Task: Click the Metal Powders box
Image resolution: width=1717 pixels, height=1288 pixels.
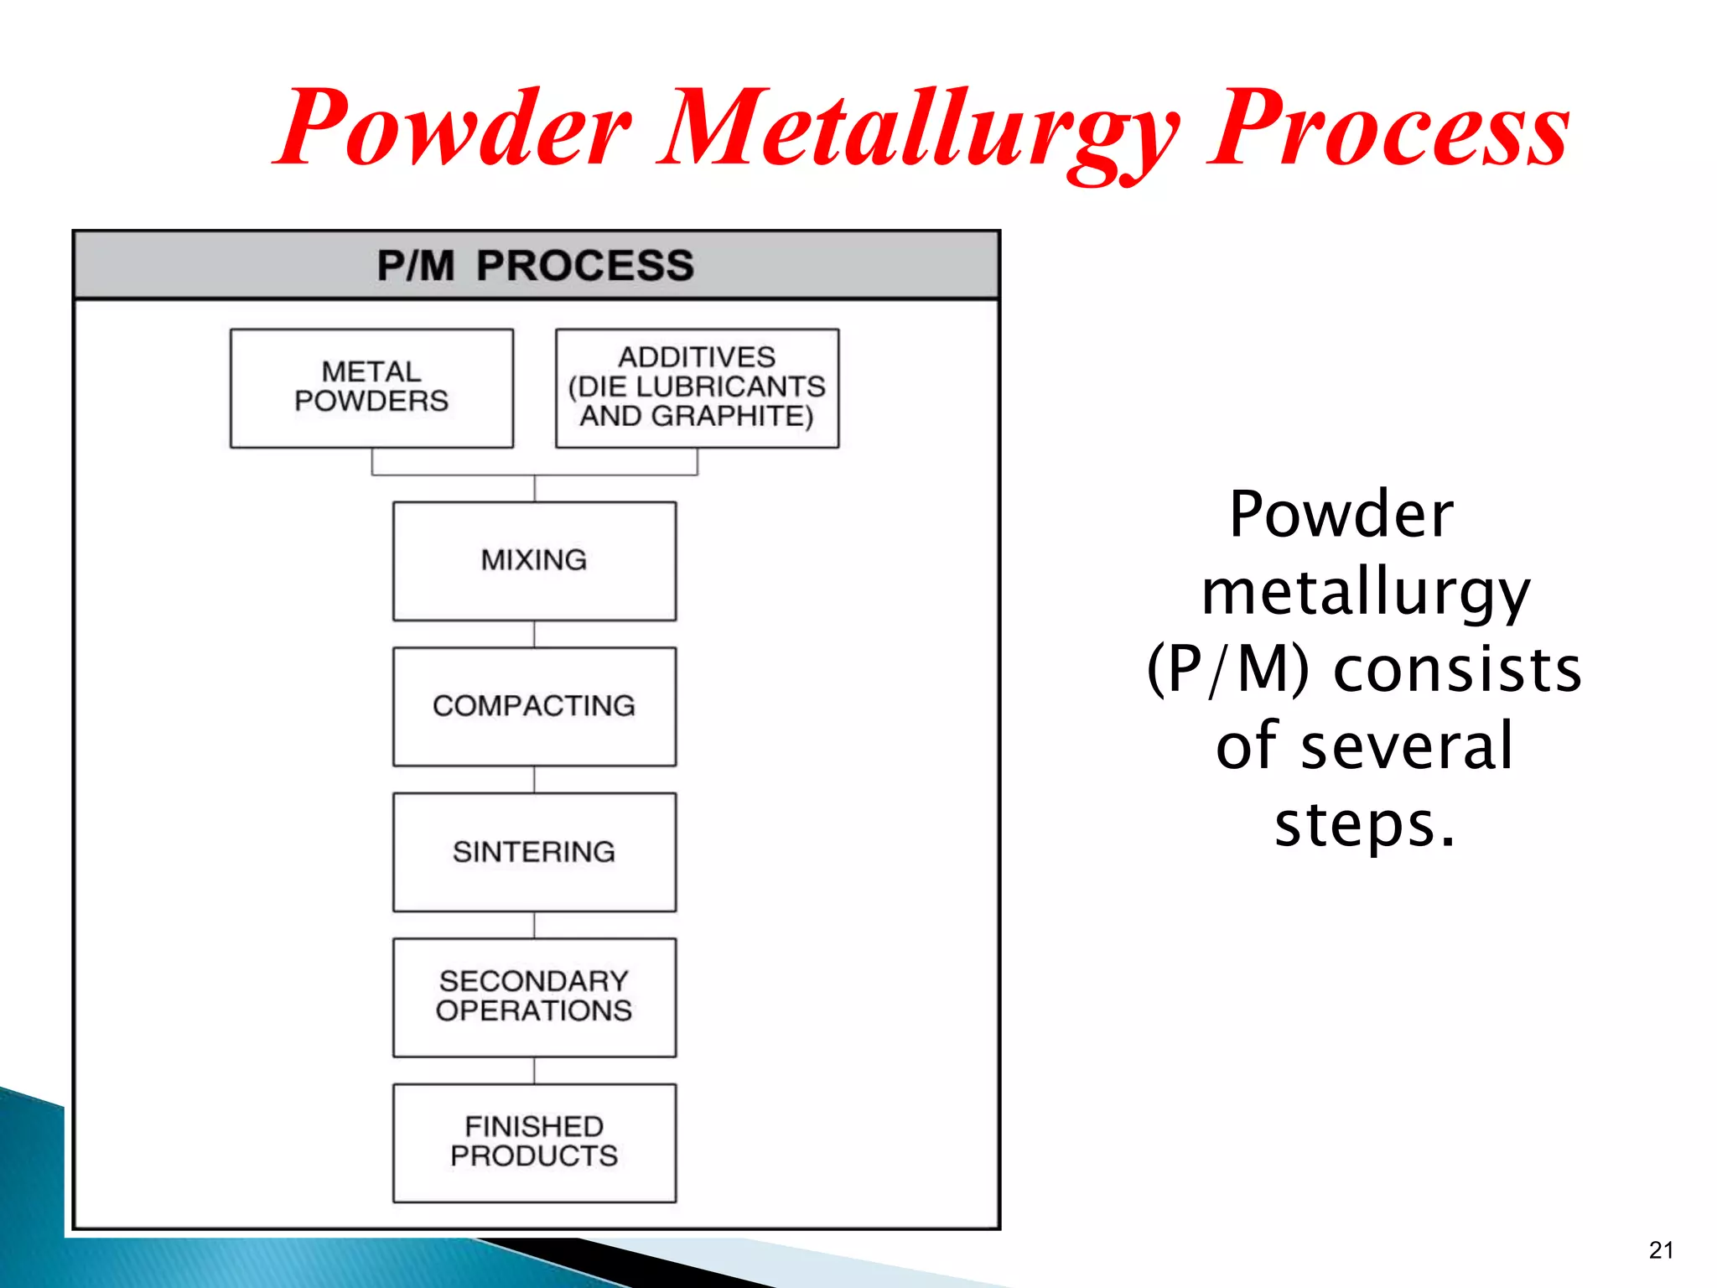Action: pos(371,387)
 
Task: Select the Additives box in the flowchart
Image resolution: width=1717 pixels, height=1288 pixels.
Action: pos(697,387)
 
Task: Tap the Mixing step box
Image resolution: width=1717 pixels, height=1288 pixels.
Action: pos(534,560)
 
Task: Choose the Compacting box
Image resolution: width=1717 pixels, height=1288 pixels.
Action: pos(534,706)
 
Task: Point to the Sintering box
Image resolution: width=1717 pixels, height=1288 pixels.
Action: pos(534,852)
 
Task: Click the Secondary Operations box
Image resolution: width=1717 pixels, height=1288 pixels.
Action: pos(534,997)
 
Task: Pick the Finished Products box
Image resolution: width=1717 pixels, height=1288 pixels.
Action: pos(534,1142)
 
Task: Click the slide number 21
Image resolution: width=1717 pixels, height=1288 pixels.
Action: pos(1661,1250)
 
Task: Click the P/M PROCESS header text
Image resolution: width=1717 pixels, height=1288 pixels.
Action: pos(535,266)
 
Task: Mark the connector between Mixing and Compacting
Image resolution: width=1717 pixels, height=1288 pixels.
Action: pos(535,634)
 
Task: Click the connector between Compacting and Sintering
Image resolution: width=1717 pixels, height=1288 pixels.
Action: pos(535,779)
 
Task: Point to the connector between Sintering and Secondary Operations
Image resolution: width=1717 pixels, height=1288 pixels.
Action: pos(535,925)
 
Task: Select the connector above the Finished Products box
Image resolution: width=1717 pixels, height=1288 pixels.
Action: pos(535,1070)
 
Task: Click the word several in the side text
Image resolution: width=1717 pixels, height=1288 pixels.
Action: pos(1407,746)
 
